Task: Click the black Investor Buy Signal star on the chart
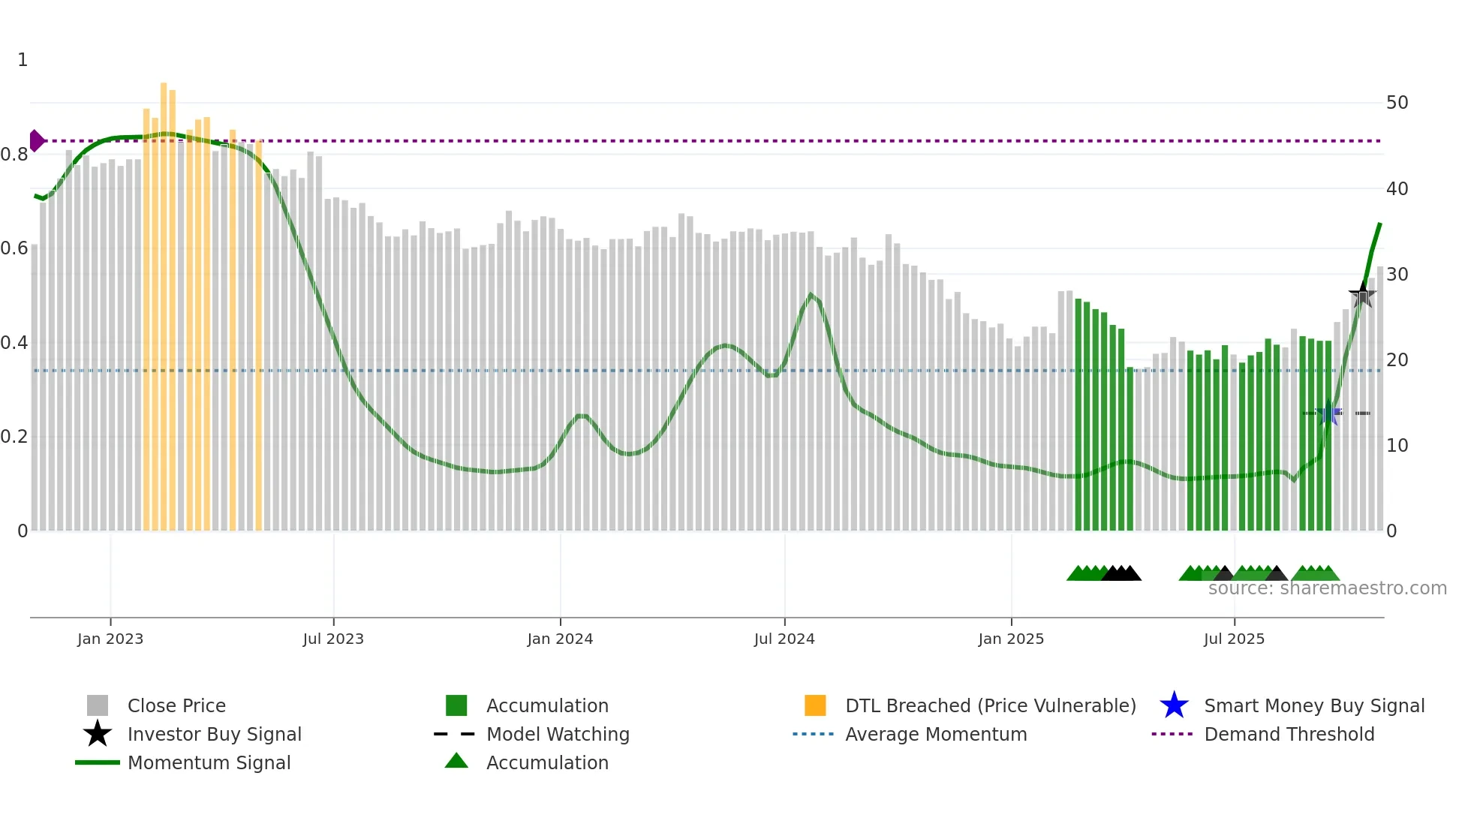(x=1362, y=294)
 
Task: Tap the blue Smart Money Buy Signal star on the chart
(x=1328, y=412)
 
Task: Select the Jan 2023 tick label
(x=110, y=639)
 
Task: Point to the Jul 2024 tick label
(x=784, y=639)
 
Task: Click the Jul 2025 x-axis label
(x=1234, y=639)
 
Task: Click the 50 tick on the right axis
(x=1397, y=103)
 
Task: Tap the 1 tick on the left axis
(x=23, y=60)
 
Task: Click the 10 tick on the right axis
(x=1397, y=446)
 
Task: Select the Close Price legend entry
(x=176, y=705)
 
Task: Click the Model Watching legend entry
(x=558, y=734)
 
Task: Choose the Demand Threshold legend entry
(x=1289, y=734)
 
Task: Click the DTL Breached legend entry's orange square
(x=815, y=705)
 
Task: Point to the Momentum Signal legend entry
(x=209, y=762)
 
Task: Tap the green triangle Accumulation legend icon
(x=456, y=761)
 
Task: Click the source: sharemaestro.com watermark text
(x=1327, y=588)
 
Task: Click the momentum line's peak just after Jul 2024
(x=811, y=294)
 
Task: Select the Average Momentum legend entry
(x=936, y=734)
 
